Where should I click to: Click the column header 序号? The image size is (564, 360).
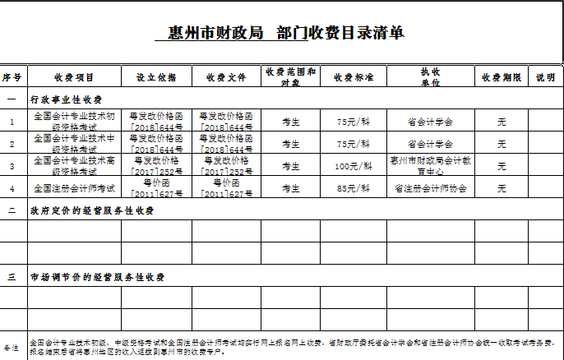tap(12, 77)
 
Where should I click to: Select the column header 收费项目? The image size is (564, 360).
tap(74, 77)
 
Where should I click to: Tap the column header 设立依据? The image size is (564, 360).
tap(156, 77)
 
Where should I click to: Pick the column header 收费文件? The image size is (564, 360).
tap(227, 77)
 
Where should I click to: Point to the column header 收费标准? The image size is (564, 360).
tap(354, 77)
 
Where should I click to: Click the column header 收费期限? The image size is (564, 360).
tap(502, 77)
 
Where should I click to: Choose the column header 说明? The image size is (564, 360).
tap(545, 77)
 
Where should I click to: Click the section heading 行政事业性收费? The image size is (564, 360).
tap(66, 99)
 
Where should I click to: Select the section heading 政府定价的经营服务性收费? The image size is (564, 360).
tap(92, 210)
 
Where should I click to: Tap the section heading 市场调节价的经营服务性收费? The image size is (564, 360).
tap(97, 277)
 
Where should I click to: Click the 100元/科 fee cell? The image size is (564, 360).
tap(354, 166)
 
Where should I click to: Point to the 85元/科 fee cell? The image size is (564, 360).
tap(354, 188)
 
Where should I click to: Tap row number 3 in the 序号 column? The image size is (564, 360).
tap(12, 166)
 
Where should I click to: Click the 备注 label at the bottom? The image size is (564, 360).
tap(12, 348)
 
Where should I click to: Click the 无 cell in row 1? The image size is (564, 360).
tap(502, 122)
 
